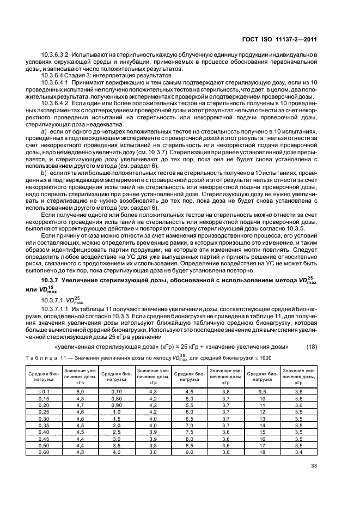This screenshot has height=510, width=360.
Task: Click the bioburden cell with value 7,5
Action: (189, 432)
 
